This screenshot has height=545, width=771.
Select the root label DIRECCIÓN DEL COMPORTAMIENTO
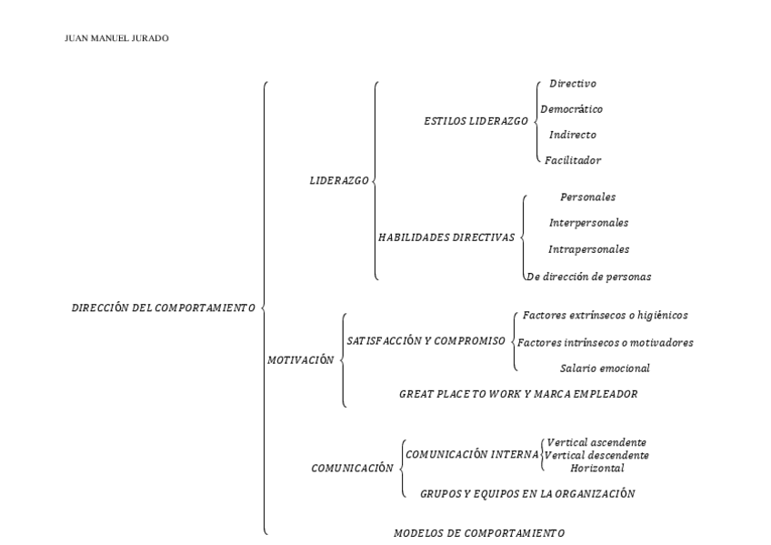click(163, 308)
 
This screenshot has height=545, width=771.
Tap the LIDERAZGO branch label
click(339, 181)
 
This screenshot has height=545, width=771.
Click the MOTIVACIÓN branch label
click(301, 360)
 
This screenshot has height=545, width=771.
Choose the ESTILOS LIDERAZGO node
click(476, 121)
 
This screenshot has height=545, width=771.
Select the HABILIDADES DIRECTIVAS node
click(446, 237)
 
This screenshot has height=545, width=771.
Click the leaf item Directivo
click(573, 84)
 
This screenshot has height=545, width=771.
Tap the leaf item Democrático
click(571, 109)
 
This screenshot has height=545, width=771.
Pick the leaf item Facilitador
click(573, 160)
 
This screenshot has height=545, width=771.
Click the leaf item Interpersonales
click(588, 223)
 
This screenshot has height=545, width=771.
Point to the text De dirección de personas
click(588, 276)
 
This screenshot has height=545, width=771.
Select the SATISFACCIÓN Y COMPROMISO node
click(426, 340)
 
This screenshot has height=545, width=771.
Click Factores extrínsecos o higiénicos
click(605, 316)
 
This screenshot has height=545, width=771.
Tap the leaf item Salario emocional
click(605, 368)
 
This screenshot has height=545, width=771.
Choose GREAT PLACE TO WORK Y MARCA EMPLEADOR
click(518, 395)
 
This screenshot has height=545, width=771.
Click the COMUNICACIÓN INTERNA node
click(472, 453)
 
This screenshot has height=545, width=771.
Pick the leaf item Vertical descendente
click(597, 455)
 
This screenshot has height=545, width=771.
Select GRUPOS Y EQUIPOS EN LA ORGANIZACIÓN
click(527, 494)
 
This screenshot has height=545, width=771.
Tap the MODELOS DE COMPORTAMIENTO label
click(478, 533)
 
